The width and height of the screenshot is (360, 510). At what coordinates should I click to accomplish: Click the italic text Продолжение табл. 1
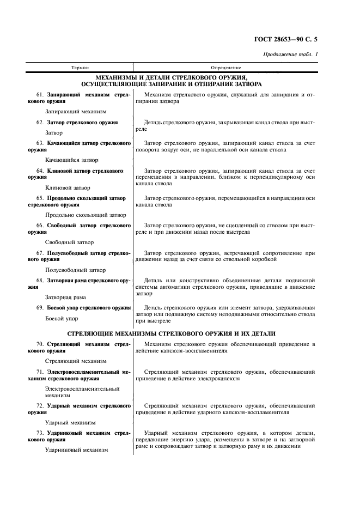290,54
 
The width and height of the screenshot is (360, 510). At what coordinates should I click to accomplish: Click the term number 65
40,198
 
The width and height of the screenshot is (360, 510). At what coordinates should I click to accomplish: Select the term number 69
40,308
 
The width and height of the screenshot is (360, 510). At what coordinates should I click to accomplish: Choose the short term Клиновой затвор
67,187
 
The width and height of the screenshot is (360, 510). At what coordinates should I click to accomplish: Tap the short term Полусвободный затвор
75,270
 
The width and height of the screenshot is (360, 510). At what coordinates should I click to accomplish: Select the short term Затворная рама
66,297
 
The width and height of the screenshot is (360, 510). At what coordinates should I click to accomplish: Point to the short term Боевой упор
62,318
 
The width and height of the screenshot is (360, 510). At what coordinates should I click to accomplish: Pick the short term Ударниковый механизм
77,450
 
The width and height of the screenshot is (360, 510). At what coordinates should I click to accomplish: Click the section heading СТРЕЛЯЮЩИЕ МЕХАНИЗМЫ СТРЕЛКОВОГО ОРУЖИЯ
171,333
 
